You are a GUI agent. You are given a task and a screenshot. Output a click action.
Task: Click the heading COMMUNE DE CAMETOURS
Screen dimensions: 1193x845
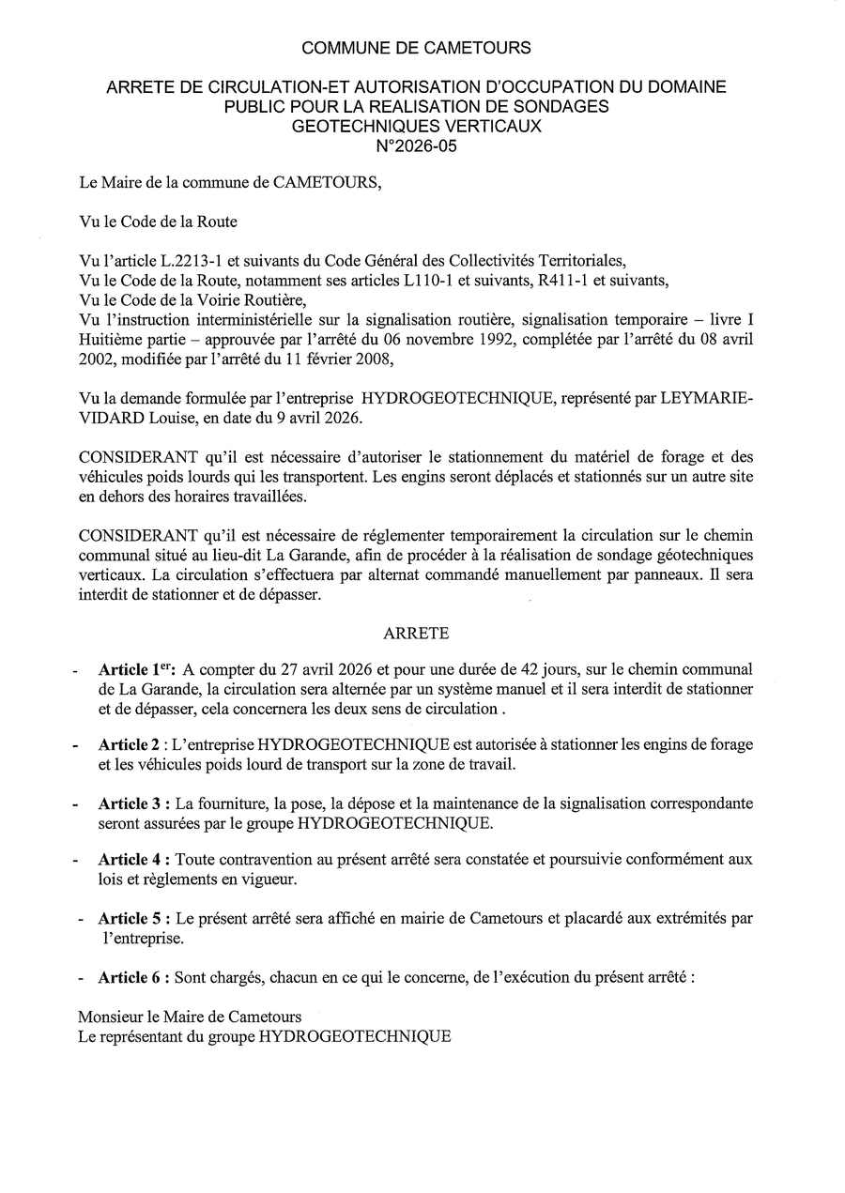tap(416, 48)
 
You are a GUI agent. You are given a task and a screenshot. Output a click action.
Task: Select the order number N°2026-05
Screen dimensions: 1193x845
tap(416, 145)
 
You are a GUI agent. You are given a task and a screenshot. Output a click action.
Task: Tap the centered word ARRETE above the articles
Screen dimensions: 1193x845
tap(416, 634)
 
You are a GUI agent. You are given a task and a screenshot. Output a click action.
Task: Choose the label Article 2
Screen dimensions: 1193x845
tap(129, 744)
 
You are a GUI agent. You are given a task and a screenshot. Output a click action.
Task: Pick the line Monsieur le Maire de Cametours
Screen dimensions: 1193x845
tap(190, 1017)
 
